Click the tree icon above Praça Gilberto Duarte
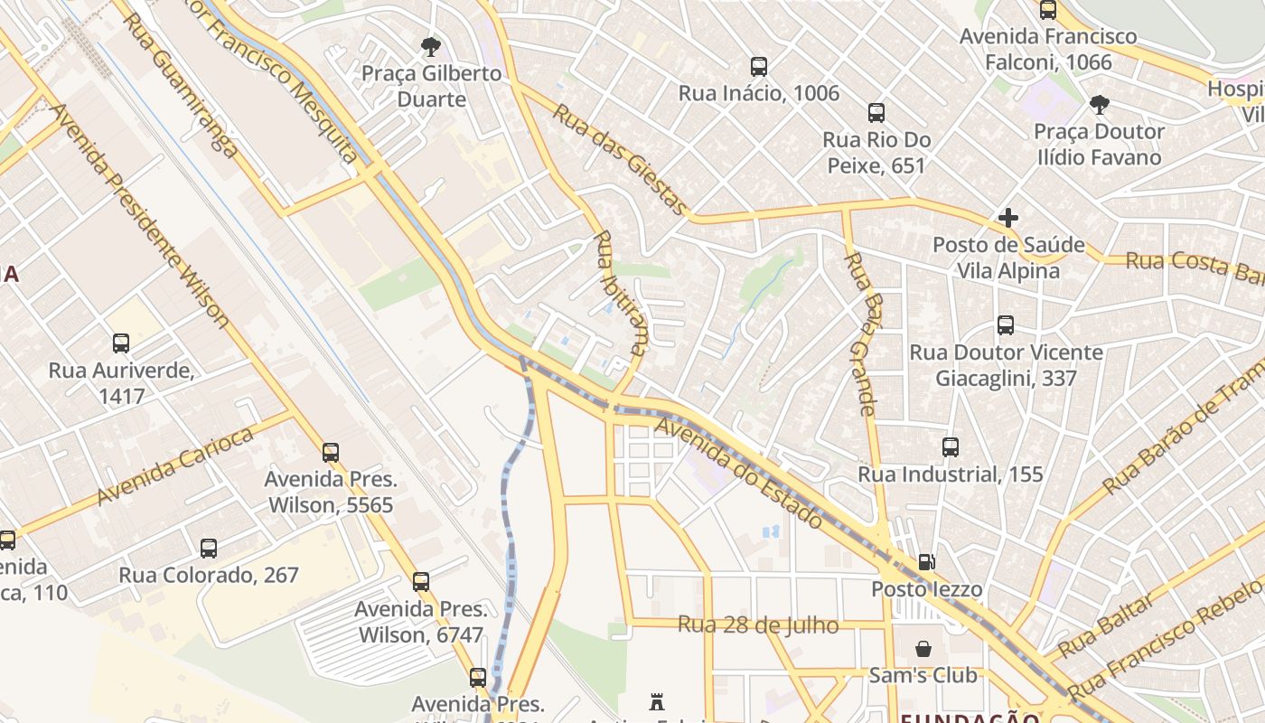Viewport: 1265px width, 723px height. [x=431, y=46]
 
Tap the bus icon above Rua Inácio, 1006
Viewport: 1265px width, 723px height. [x=759, y=66]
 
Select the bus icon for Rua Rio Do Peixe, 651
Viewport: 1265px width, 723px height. [x=876, y=113]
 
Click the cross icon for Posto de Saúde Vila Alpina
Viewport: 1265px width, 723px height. [x=1008, y=218]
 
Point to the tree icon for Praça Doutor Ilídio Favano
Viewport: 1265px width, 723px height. [x=1099, y=105]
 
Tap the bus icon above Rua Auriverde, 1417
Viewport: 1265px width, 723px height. [x=121, y=343]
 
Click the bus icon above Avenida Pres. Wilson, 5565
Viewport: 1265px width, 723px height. [x=331, y=452]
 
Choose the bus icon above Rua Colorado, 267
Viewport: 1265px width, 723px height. [x=209, y=548]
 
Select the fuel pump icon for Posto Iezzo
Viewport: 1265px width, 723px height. [x=926, y=562]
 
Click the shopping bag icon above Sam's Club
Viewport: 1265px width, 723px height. [x=923, y=649]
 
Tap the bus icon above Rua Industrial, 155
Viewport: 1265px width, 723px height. [x=951, y=447]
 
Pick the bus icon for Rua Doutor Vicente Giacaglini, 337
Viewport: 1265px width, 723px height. [x=1006, y=325]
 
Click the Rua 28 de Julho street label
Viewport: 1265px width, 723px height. [x=757, y=624]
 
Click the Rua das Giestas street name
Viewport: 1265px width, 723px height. [x=620, y=159]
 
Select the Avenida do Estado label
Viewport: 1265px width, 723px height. [x=739, y=473]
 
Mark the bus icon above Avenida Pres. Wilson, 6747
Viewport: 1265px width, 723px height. [x=421, y=582]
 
